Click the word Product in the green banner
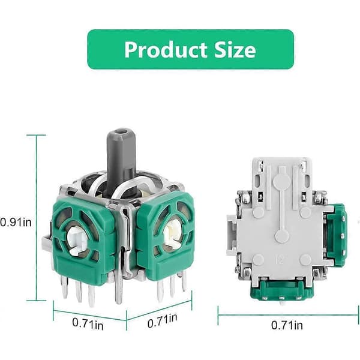pyautogui.click(x=166, y=49)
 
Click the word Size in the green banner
pyautogui.click(x=235, y=49)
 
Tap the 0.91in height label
pyautogui.click(x=16, y=223)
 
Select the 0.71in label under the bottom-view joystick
pyautogui.click(x=287, y=325)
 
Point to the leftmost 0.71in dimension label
pyautogui.click(x=88, y=323)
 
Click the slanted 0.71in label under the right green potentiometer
pyautogui.click(x=163, y=320)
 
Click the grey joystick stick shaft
pyautogui.click(x=121, y=161)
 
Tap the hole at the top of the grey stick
pyautogui.click(x=121, y=132)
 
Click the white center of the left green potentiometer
pyautogui.click(x=77, y=241)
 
